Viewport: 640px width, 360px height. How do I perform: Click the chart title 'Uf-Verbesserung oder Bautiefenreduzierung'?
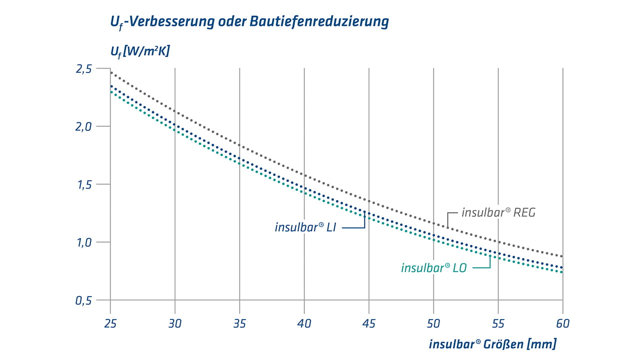[249, 22]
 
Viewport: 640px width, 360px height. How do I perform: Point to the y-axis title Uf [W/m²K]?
[139, 50]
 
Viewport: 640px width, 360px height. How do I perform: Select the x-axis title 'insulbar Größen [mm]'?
[492, 344]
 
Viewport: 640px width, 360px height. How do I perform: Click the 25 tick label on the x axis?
[110, 323]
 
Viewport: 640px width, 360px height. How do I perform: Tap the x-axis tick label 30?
[175, 323]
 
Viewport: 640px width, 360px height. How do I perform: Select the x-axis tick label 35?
[239, 323]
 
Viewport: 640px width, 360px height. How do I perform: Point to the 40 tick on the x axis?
[304, 323]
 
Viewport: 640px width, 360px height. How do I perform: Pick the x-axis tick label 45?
[369, 323]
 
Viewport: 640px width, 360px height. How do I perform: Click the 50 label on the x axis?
[433, 323]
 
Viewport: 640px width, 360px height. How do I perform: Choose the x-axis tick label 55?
[498, 323]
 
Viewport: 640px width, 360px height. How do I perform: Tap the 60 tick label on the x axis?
[563, 323]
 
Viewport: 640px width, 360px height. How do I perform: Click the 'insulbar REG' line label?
[498, 212]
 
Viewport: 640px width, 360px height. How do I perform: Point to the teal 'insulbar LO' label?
[433, 268]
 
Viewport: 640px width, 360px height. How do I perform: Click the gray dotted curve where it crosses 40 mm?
[304, 175]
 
